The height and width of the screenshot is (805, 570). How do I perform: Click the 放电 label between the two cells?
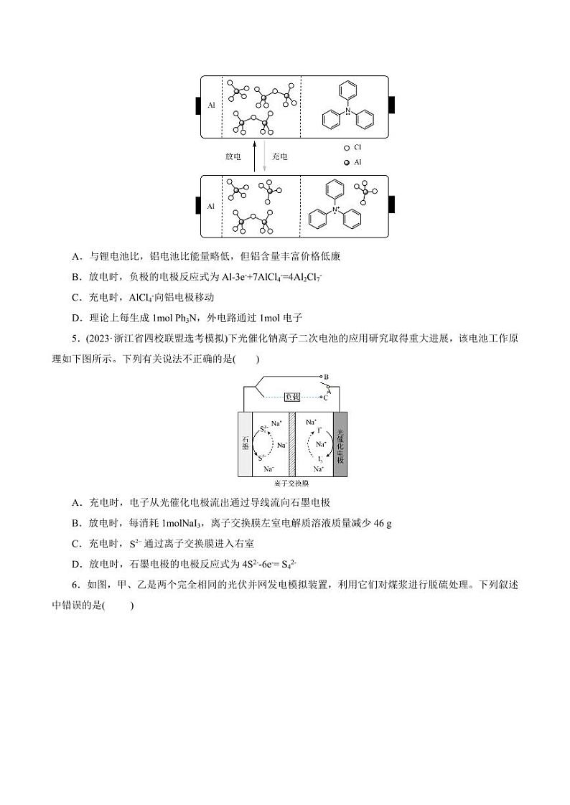pyautogui.click(x=233, y=156)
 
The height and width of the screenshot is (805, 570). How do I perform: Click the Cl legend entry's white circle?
pyautogui.click(x=347, y=147)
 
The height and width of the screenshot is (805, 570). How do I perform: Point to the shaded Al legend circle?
pyautogui.click(x=347, y=162)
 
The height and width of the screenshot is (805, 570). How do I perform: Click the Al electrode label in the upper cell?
pyautogui.click(x=211, y=105)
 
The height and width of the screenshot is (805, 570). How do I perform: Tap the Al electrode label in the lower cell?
pyautogui.click(x=211, y=206)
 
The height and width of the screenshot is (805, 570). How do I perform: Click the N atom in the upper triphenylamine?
pyautogui.click(x=348, y=110)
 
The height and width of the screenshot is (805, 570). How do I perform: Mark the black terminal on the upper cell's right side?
pyautogui.click(x=392, y=105)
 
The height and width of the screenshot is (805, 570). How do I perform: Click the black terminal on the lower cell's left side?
pyautogui.click(x=197, y=206)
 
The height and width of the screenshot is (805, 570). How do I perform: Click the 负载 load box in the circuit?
pyautogui.click(x=292, y=396)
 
